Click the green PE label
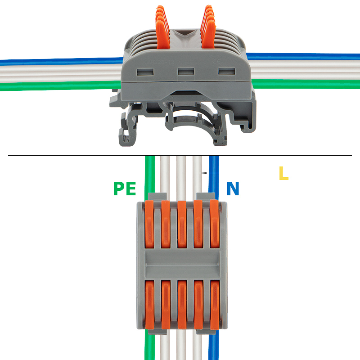click(x=125, y=188)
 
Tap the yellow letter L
click(x=283, y=173)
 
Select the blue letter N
click(x=233, y=189)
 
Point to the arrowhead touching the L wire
click(x=204, y=173)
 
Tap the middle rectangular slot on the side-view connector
click(x=185, y=71)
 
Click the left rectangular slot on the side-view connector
click(x=145, y=71)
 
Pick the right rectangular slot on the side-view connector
click(x=225, y=71)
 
